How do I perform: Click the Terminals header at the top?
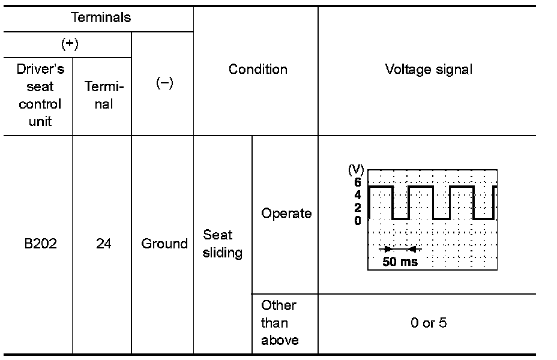click(101, 17)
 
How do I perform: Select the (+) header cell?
click(70, 44)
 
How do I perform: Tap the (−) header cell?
click(164, 83)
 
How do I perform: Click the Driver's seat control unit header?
click(40, 95)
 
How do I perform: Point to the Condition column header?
click(257, 69)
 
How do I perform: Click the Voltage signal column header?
click(429, 69)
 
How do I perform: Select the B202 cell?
click(40, 244)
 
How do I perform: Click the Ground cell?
click(164, 244)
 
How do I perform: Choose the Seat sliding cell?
click(222, 244)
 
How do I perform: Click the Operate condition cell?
click(286, 214)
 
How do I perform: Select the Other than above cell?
click(279, 323)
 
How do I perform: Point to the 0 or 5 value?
click(429, 323)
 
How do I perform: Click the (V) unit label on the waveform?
click(356, 170)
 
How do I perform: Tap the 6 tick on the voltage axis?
click(358, 182)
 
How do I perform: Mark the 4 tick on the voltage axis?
click(358, 195)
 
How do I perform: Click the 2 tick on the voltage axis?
click(358, 208)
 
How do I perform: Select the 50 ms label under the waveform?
click(400, 262)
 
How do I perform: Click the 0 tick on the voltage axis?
click(358, 220)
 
